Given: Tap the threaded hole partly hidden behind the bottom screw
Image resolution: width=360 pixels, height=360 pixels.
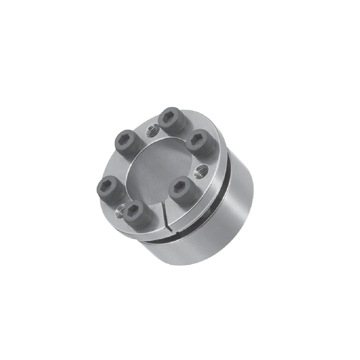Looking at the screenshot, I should pos(120,211).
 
